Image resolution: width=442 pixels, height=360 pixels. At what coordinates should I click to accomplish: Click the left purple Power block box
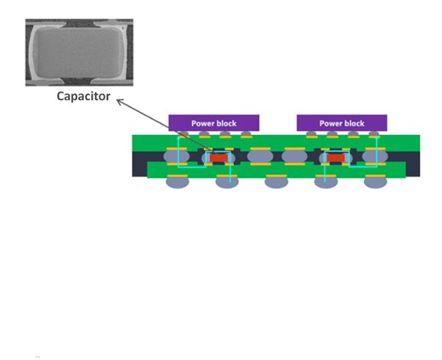pyautogui.click(x=213, y=123)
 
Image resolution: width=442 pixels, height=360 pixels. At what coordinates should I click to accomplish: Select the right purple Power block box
pyautogui.click(x=342, y=123)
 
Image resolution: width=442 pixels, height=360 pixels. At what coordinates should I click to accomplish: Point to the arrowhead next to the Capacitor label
pyautogui.click(x=119, y=101)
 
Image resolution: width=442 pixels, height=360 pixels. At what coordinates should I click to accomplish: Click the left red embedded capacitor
pyautogui.click(x=222, y=158)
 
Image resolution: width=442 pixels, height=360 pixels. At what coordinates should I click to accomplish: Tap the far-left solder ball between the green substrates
pyautogui.click(x=176, y=157)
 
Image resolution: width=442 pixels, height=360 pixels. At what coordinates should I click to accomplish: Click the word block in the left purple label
pyautogui.click(x=227, y=123)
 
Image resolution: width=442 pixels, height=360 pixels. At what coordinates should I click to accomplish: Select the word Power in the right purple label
pyautogui.click(x=331, y=123)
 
